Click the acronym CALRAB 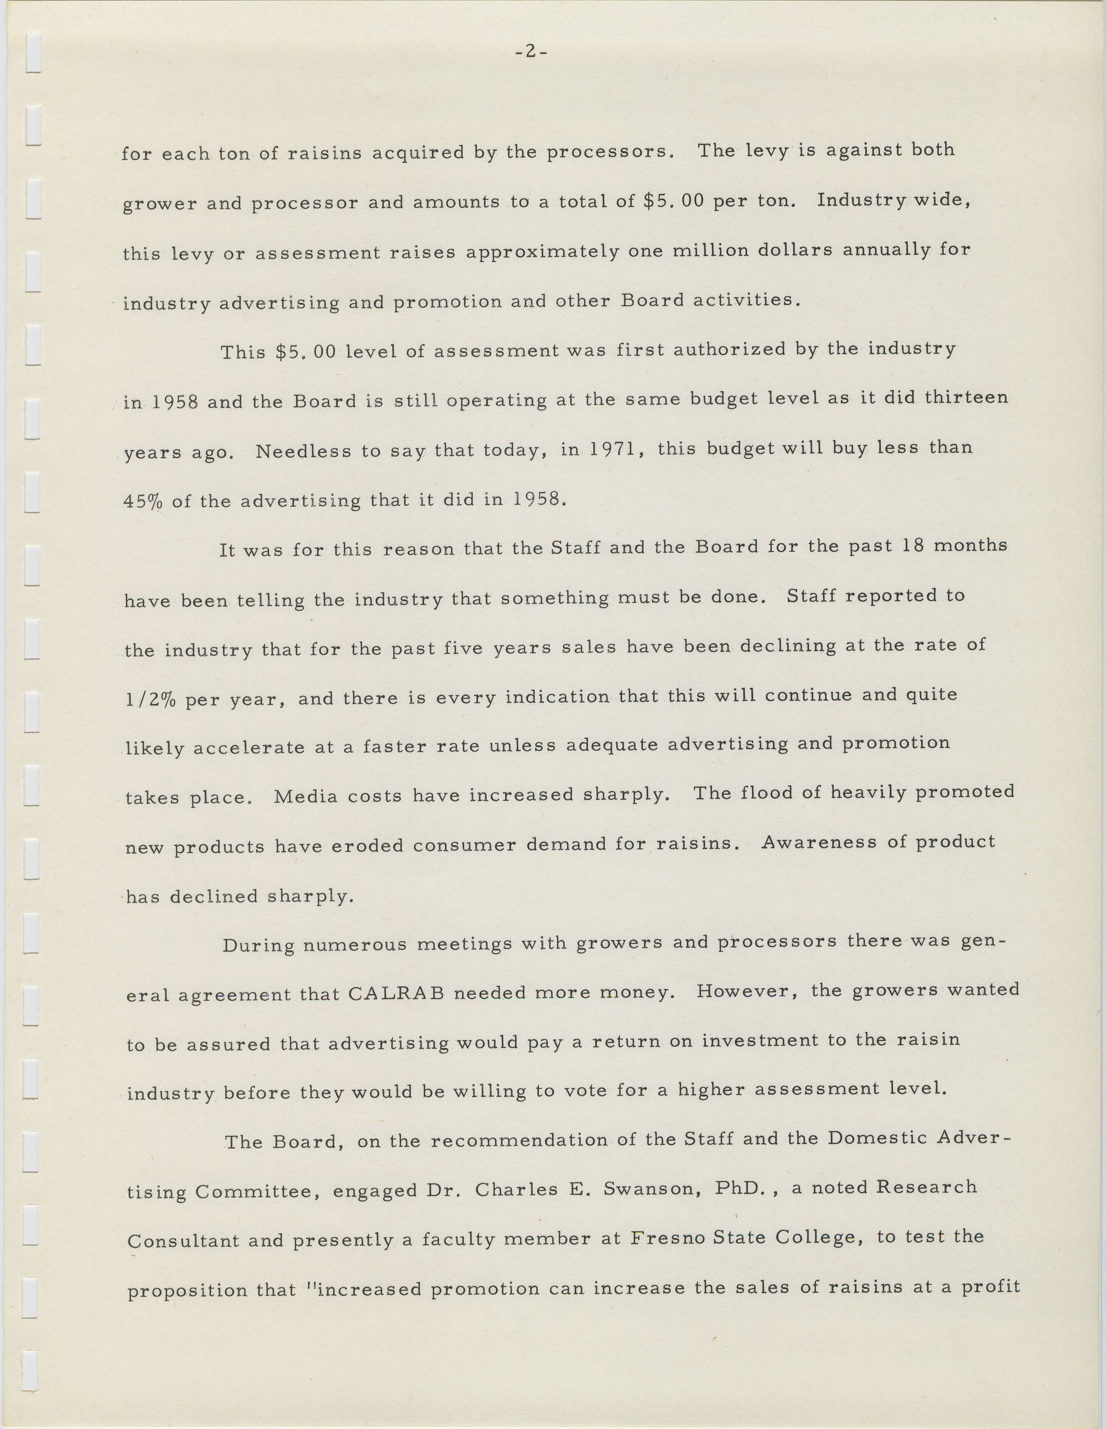[396, 993]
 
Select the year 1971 [613, 449]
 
